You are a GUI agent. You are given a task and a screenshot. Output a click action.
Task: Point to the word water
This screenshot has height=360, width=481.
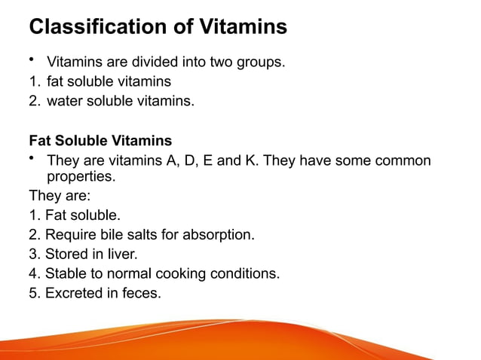point(65,101)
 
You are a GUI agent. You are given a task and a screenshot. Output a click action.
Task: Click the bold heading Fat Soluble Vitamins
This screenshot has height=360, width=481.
point(100,141)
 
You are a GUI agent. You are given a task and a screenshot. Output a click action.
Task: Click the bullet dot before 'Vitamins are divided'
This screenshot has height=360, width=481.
point(33,59)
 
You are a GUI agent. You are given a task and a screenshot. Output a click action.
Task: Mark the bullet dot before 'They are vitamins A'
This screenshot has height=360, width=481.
point(33,157)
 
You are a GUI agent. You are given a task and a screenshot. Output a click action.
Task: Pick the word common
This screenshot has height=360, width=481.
point(404,160)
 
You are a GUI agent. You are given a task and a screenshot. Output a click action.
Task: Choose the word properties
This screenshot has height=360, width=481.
point(81,178)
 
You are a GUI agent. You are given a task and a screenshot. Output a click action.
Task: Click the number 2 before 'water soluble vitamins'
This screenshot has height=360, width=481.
point(33,101)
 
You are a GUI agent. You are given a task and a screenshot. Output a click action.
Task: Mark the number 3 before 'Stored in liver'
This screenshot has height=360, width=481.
point(33,254)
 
